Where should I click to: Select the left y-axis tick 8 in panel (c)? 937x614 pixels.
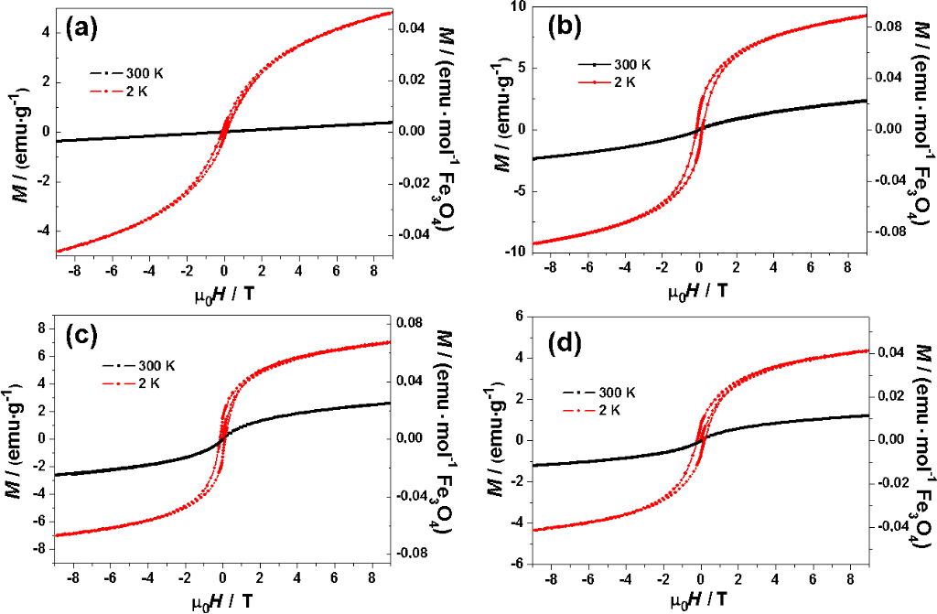coord(41,327)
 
